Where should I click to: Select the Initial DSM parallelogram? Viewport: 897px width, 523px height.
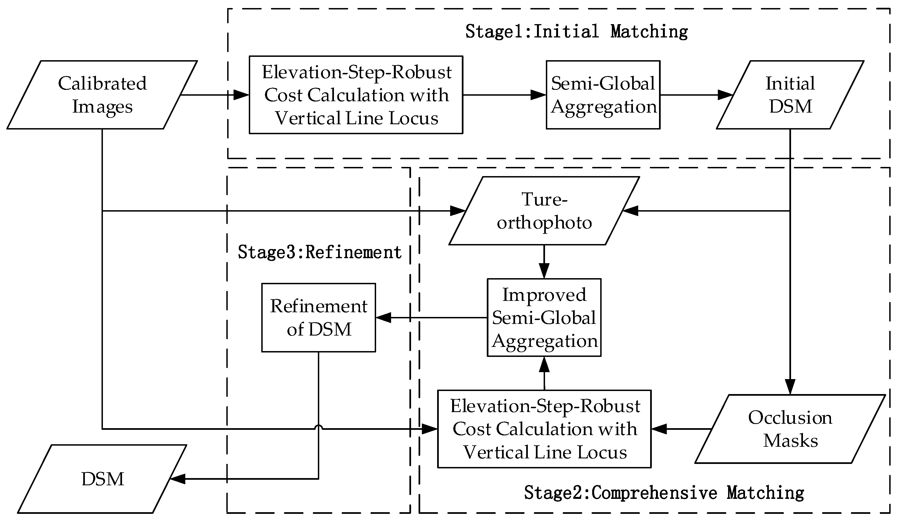pos(790,95)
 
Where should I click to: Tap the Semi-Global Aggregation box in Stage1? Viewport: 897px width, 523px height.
pos(603,95)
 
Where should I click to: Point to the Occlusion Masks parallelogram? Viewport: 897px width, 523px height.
pos(790,429)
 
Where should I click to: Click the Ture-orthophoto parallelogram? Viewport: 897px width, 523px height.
pos(544,211)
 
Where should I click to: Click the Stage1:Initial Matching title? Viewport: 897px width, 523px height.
pos(577,31)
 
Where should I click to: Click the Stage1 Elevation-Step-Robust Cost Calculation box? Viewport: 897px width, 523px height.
pos(356,95)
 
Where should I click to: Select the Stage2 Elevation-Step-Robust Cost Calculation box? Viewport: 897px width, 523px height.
pos(544,429)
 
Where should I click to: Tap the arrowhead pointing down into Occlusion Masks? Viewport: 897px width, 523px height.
pos(790,387)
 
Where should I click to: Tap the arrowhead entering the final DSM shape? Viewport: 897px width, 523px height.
pos(178,479)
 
